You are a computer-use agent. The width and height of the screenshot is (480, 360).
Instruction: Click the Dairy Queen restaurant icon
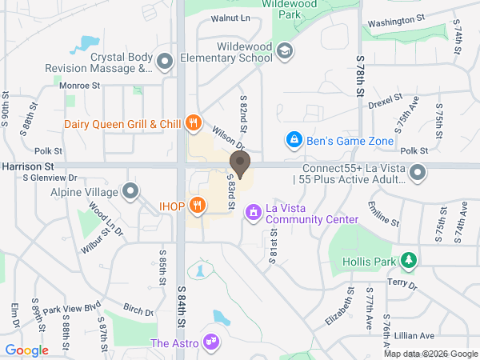coord(193,122)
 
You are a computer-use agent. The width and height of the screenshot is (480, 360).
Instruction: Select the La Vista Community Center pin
coord(254,212)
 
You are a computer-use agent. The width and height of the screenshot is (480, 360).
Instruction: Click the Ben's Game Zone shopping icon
coord(294,140)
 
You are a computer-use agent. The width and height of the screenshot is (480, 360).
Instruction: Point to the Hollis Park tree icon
coord(409,261)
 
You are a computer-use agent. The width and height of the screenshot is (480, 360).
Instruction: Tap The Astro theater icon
coord(212,342)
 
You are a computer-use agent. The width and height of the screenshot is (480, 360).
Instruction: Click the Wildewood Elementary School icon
coord(284,52)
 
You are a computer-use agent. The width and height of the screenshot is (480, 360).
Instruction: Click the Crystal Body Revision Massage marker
coord(165,61)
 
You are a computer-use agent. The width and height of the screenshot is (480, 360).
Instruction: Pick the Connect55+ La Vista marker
coord(417,172)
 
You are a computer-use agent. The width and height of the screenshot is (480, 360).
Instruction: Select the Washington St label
coord(396,20)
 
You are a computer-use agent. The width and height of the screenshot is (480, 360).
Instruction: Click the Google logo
coord(27,350)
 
